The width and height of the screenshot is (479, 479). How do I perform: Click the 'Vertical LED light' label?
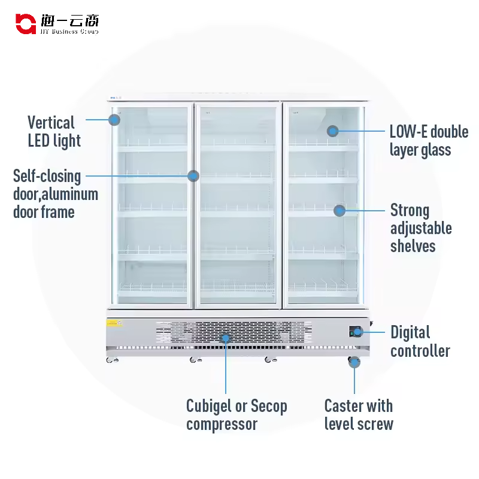coord(54,132)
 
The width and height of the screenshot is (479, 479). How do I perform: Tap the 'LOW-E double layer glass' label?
coord(429,141)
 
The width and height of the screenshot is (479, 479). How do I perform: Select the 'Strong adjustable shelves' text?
coord(420,228)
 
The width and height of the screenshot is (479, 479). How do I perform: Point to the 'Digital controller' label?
coord(420,341)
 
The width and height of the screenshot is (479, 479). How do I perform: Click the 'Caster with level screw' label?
coord(359,415)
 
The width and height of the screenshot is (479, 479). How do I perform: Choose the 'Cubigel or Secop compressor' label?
coord(237,415)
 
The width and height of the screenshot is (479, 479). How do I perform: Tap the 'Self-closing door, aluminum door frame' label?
coord(55,194)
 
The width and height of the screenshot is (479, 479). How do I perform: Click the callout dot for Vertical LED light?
coord(114,119)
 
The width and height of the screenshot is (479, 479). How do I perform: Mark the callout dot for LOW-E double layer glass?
coord(332,131)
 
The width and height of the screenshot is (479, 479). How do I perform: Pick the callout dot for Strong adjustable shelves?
coord(339,210)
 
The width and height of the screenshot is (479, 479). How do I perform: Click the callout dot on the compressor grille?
coord(226,338)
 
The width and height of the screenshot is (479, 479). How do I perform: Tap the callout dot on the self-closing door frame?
coord(193,176)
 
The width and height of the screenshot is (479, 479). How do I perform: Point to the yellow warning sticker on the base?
coord(114,323)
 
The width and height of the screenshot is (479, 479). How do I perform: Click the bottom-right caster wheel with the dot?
coord(354,362)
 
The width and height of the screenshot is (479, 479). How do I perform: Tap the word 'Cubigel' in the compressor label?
coord(209,406)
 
